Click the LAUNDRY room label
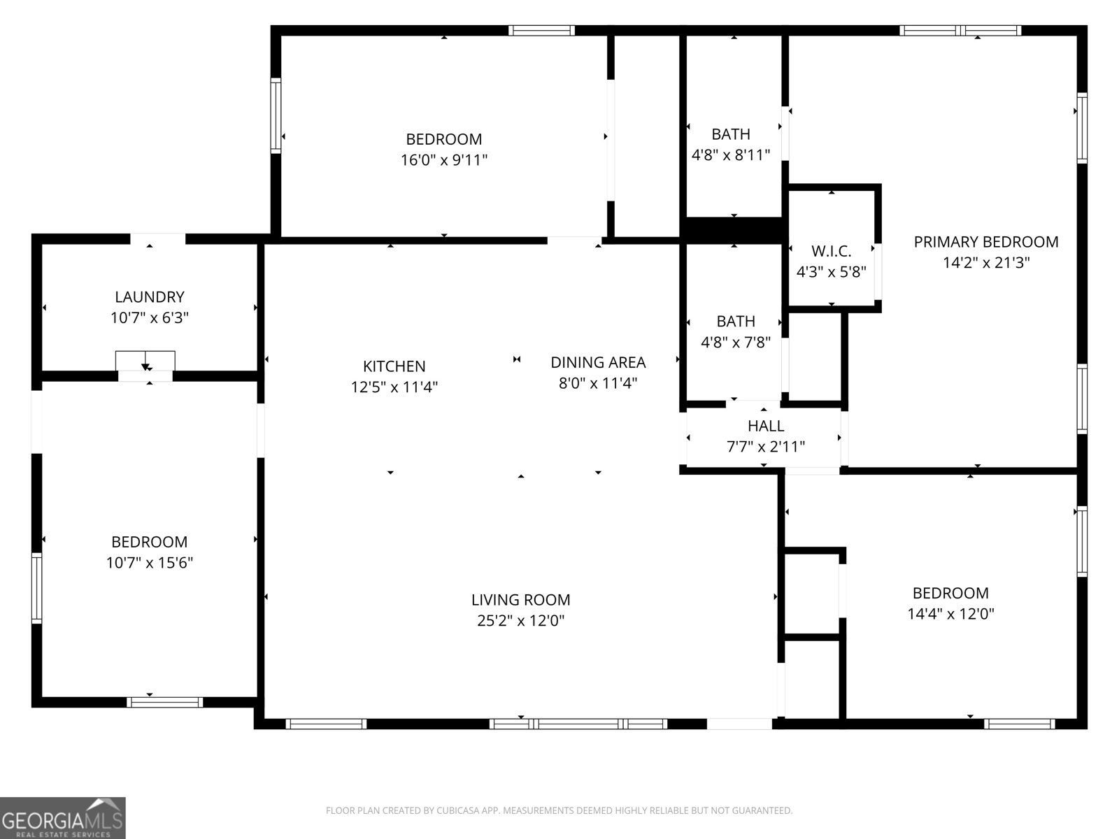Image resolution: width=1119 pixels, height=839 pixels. click(x=150, y=297)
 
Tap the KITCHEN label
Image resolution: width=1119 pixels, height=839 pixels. click(x=394, y=366)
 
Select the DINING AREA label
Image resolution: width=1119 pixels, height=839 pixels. click(x=598, y=362)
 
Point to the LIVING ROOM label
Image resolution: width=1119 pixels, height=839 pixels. click(x=520, y=600)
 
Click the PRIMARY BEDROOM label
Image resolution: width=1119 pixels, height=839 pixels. click(x=986, y=242)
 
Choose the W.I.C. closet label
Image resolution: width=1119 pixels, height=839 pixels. click(x=831, y=251)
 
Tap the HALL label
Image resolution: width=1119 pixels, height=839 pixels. click(x=766, y=425)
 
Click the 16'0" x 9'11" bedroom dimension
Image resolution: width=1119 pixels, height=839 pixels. click(x=443, y=160)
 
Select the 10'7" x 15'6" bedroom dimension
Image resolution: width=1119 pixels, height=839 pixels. click(x=150, y=563)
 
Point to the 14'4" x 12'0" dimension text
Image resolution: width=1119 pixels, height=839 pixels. click(x=950, y=614)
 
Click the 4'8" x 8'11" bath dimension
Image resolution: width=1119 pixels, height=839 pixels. click(x=731, y=155)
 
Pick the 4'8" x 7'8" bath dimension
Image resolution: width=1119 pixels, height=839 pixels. click(x=736, y=343)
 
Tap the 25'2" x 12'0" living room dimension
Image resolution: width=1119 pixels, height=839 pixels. click(x=520, y=620)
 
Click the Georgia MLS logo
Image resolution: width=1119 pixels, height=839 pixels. click(x=63, y=817)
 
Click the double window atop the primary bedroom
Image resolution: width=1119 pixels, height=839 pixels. click(x=960, y=31)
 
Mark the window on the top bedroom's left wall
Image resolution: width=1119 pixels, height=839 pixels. click(x=276, y=115)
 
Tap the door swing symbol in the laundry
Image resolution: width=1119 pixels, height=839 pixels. click(x=145, y=361)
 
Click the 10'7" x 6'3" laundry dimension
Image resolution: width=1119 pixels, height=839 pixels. click(x=150, y=318)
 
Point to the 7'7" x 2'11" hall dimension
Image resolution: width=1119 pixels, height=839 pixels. click(x=766, y=447)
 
